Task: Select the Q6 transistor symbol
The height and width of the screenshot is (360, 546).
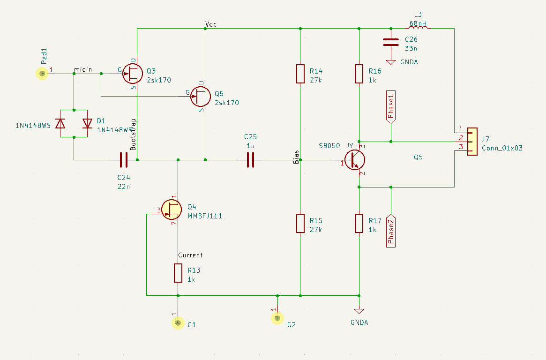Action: [201, 96]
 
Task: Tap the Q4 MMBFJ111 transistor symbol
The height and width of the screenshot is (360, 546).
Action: [171, 210]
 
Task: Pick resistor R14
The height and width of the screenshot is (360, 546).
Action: [300, 74]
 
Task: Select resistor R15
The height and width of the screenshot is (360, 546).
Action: [300, 223]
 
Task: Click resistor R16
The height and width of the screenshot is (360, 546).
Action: [359, 74]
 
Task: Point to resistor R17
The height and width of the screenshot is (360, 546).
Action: [359, 223]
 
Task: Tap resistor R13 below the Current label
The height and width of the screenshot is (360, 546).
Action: [178, 273]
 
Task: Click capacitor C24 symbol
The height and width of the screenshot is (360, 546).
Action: [123, 160]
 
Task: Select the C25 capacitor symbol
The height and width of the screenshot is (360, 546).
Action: [250, 160]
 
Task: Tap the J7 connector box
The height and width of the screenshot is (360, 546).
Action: [471, 140]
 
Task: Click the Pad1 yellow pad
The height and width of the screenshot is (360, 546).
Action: [42, 73]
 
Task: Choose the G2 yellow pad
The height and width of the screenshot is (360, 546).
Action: [277, 318]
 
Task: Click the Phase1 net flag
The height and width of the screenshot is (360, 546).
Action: [390, 107]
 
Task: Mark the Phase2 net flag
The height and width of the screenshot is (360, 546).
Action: [390, 231]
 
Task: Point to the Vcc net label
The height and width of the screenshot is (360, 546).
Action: [211, 24]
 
